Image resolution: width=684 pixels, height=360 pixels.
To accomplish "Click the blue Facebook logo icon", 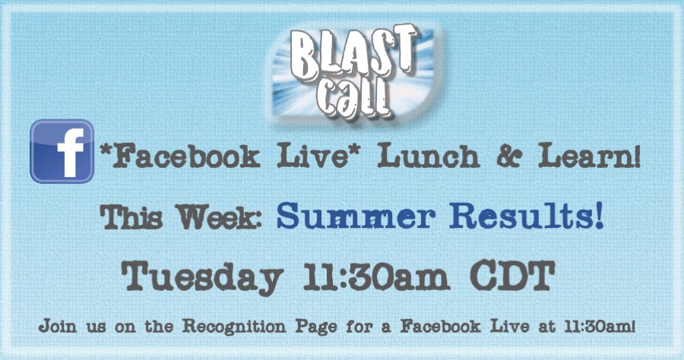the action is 62,151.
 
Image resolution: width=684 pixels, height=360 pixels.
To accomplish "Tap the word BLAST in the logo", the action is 353,52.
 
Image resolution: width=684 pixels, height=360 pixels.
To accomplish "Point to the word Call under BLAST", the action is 356,99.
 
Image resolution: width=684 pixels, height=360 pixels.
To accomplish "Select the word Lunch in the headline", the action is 429,156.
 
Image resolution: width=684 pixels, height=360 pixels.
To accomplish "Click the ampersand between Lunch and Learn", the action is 508,156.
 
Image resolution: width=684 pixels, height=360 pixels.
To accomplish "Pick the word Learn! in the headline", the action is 589,156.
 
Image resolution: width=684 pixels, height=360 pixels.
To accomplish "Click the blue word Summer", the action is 356,216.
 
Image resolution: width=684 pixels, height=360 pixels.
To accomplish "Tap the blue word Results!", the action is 527,216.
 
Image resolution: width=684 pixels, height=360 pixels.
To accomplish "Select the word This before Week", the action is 131,216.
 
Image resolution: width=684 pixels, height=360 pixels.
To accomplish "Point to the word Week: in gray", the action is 219,216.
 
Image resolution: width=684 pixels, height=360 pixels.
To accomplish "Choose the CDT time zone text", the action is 512,275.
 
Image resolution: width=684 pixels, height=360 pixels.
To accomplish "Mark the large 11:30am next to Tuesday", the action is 376,276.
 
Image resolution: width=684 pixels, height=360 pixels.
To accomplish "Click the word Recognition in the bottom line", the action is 234,327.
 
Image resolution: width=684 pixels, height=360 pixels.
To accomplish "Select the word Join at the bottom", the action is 58,326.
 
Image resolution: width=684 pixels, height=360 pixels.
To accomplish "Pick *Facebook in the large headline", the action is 180,156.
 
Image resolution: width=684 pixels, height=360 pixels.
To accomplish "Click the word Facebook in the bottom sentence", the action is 441,326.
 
